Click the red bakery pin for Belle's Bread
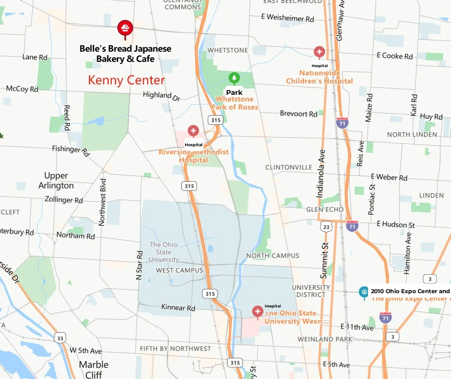click(125, 28)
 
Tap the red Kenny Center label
click(126, 80)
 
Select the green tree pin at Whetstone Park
click(234, 78)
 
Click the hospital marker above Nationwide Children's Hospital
click(319, 52)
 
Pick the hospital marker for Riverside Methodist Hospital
click(193, 131)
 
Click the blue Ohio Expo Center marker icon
click(364, 292)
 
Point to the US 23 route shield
click(326, 227)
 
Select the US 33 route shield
click(60, 339)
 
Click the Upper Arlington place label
click(56, 181)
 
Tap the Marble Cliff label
click(94, 369)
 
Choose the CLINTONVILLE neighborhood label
click(288, 167)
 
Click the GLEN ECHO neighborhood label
click(325, 210)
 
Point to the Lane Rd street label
click(35, 57)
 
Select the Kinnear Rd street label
click(178, 307)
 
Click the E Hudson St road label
click(395, 224)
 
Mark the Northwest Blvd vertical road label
click(102, 202)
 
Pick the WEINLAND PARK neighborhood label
click(325, 339)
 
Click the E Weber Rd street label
click(389, 177)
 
